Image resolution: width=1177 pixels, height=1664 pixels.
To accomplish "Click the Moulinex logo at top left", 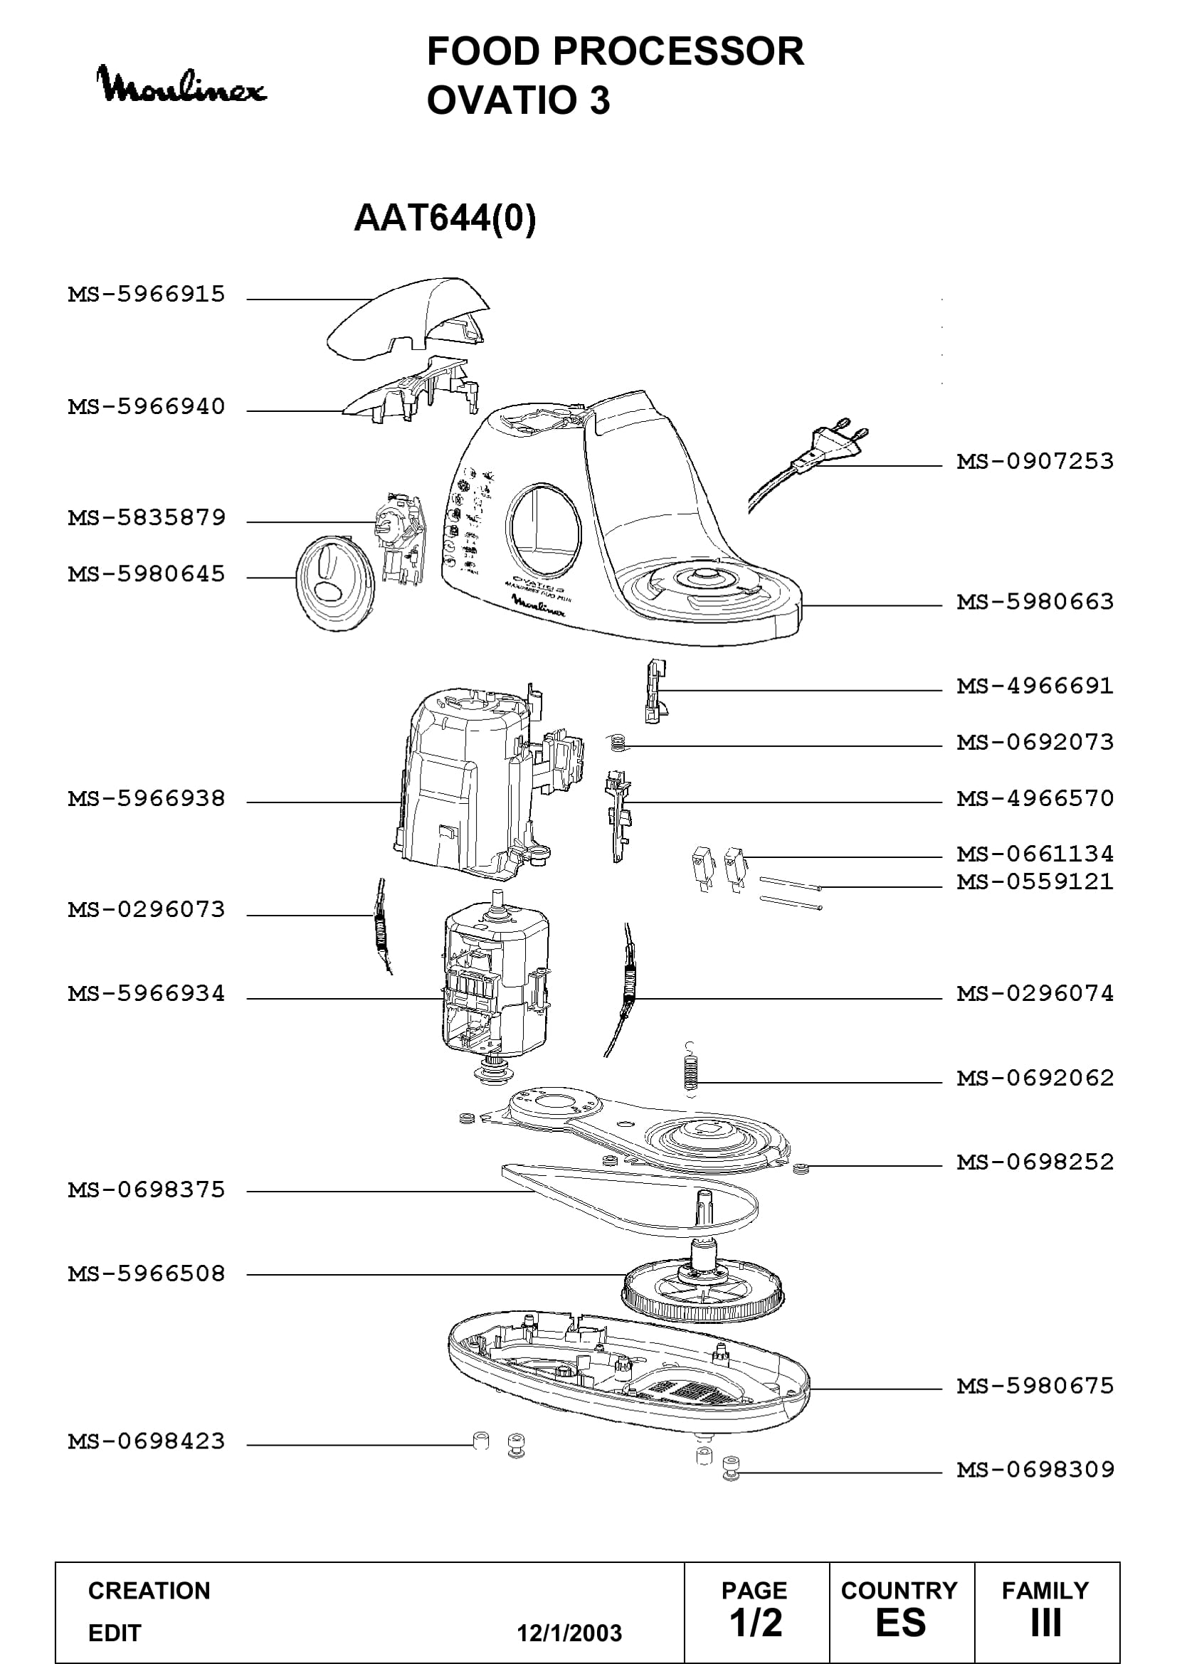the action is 182,85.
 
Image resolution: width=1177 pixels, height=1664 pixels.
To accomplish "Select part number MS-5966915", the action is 147,295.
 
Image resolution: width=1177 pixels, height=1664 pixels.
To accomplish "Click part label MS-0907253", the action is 1035,461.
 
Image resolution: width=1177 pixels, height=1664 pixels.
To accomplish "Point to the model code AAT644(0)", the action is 445,218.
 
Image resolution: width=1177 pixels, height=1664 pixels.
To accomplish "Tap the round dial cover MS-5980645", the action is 336,583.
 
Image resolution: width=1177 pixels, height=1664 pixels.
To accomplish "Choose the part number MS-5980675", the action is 1035,1387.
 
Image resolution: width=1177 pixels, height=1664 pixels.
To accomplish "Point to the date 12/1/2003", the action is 569,1633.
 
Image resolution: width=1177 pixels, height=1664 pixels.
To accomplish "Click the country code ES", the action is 901,1623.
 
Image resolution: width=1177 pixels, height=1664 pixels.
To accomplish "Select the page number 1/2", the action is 756,1623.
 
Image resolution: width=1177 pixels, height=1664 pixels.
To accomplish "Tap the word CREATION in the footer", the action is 149,1591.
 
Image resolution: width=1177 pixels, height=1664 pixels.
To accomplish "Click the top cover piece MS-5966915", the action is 407,317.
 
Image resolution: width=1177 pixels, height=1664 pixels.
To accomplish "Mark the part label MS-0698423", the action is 147,1441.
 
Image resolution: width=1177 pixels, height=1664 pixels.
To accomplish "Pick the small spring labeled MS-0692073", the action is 618,742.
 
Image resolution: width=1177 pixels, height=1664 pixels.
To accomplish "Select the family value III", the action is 1046,1623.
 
